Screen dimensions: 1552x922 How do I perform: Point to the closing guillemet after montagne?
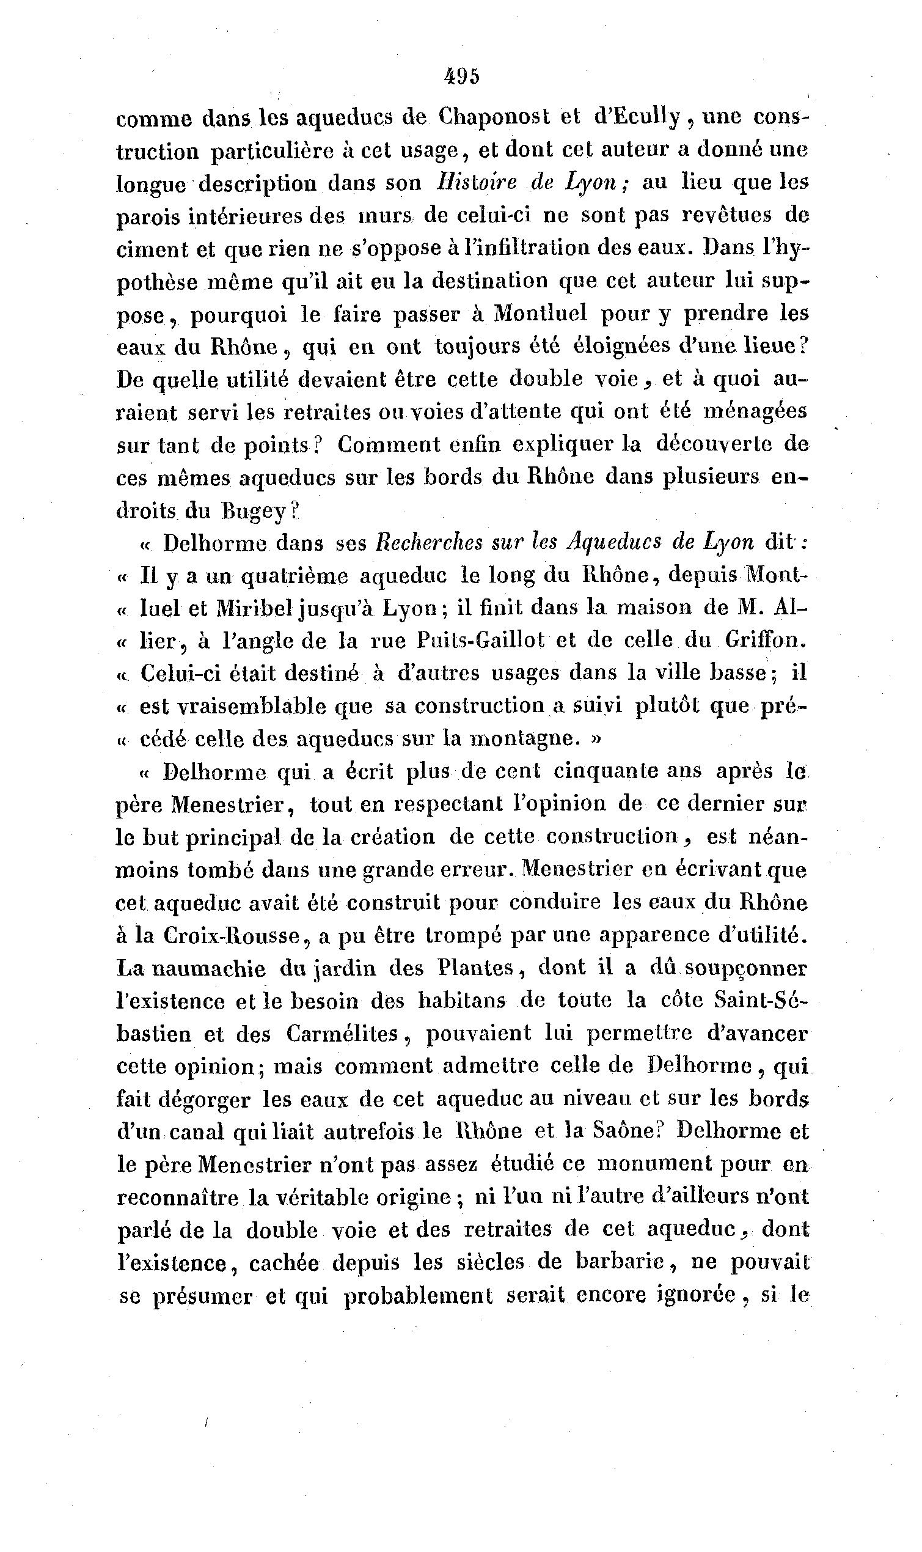tap(596, 738)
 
